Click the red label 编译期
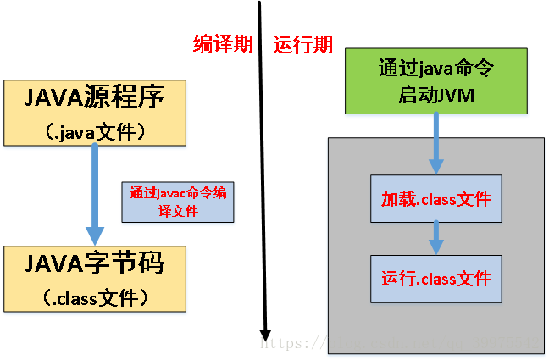point(223,45)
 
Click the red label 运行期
point(302,45)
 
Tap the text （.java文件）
point(94,131)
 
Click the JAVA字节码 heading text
point(94,265)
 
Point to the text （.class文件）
point(94,297)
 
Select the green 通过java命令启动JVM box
point(435,80)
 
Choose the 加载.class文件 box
point(435,200)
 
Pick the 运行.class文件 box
point(435,279)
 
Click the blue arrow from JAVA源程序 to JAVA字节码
point(96,191)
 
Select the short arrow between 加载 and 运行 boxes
point(435,238)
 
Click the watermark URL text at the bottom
point(398,344)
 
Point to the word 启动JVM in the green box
point(435,96)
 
